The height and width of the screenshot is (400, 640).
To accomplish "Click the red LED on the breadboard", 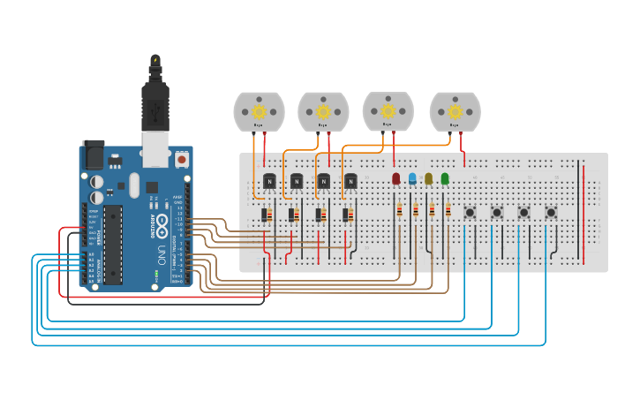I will point(395,178).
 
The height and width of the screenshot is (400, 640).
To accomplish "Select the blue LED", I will point(412,178).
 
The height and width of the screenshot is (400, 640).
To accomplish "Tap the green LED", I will point(445,178).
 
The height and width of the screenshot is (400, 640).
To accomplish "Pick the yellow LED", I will point(429,178).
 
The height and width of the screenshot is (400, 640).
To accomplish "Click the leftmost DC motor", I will point(259,112).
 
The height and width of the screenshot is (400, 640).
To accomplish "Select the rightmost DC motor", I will point(455,112).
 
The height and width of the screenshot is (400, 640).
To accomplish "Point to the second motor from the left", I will point(323,112).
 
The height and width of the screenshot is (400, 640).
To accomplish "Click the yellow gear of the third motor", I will point(388,110).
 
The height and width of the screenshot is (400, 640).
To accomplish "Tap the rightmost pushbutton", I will point(551,212).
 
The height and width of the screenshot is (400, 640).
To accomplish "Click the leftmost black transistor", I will point(269,181).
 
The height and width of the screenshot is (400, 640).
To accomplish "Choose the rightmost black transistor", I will point(350,181).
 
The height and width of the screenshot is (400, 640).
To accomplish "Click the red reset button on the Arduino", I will point(182,160).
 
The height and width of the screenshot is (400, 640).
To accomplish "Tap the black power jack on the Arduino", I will point(93,155).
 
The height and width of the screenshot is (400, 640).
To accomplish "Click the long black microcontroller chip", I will point(113,244).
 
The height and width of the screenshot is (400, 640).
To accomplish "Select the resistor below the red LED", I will point(400,210).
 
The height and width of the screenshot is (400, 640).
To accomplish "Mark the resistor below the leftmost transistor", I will point(266,215).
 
